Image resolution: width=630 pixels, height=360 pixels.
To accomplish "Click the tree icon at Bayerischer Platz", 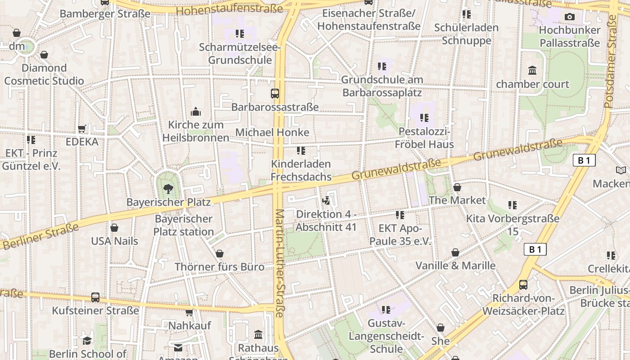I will (168, 188).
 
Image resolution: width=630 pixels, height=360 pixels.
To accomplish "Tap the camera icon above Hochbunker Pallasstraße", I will (569, 17).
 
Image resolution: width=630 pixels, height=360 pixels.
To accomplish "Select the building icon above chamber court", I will (532, 70).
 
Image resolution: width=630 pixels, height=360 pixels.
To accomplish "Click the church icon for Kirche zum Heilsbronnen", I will (196, 111).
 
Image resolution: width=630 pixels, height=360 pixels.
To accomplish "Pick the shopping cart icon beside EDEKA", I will (82, 129).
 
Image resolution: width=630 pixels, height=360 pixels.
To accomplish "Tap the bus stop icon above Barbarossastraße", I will (274, 94).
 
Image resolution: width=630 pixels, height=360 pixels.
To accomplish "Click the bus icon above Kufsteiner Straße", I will (95, 297).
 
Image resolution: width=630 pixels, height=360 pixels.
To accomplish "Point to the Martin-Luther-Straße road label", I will (279, 263).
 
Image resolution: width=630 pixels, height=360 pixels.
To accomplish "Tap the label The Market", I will (457, 200).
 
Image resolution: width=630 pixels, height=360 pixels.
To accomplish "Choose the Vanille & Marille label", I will (455, 265).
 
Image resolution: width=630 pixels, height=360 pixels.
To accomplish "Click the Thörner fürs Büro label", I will (220, 267).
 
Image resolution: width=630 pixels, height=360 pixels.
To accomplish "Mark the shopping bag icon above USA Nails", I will (114, 228).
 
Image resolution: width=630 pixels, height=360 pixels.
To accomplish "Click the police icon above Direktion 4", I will (326, 200).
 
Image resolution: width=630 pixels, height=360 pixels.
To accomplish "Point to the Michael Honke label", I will (272, 132).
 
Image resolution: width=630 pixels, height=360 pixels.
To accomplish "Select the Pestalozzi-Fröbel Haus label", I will (424, 138).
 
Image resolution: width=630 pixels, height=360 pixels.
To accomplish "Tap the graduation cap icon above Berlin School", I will (87, 341).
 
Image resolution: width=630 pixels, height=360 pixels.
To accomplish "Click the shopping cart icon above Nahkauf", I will (189, 312).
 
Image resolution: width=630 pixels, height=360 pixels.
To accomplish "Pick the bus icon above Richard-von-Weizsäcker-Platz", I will (523, 284).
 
